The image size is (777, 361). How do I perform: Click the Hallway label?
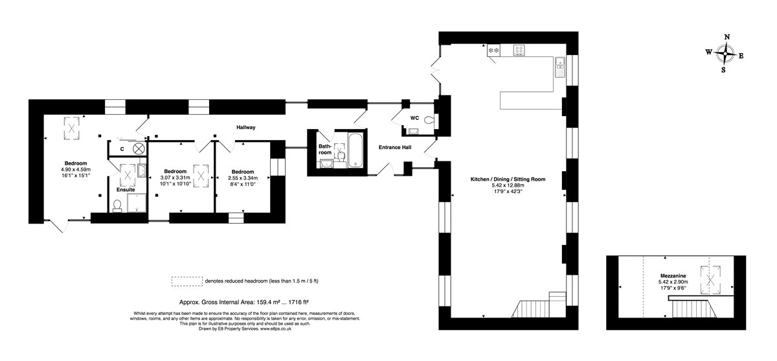tap(245, 128)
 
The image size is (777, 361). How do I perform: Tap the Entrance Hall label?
tap(395, 147)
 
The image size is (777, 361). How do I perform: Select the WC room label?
tap(414, 118)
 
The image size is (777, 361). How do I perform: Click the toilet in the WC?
tap(430, 120)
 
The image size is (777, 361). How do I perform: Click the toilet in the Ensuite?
tap(117, 205)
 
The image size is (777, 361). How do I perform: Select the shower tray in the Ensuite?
tap(137, 203)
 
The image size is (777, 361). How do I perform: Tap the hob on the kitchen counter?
tap(519, 50)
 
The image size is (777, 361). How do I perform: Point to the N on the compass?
tap(727, 37)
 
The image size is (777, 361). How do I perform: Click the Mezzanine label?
tap(673, 276)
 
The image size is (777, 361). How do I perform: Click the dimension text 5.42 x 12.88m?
tap(508, 185)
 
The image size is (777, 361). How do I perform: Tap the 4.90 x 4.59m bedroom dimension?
tap(76, 169)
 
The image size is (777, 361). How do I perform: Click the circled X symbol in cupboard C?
tap(139, 148)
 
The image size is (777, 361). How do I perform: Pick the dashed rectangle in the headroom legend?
tap(187, 281)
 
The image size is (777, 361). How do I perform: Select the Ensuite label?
tap(126, 190)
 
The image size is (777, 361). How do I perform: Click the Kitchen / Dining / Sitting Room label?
tap(508, 180)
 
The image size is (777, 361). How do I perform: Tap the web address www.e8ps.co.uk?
tap(276, 329)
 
